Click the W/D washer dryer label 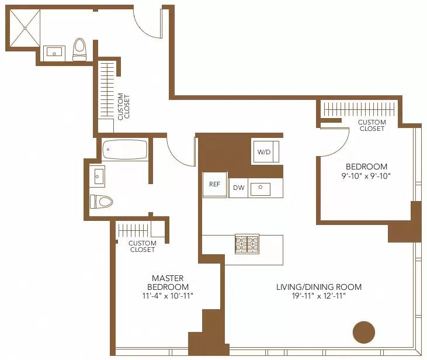pos(265,152)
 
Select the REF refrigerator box pos(214,184)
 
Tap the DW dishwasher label pos(238,188)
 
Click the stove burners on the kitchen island pos(247,244)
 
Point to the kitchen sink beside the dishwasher pos(261,188)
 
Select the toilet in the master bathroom pos(101,202)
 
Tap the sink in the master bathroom pos(98,175)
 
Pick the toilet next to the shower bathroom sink pos(79,49)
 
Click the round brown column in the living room pos(363,332)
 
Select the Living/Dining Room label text pos(319,287)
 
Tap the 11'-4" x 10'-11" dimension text pos(168,296)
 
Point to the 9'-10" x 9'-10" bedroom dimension pos(366,175)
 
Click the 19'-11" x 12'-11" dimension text pos(319,296)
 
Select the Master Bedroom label pos(168,283)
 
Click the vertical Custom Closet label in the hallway pos(124,106)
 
